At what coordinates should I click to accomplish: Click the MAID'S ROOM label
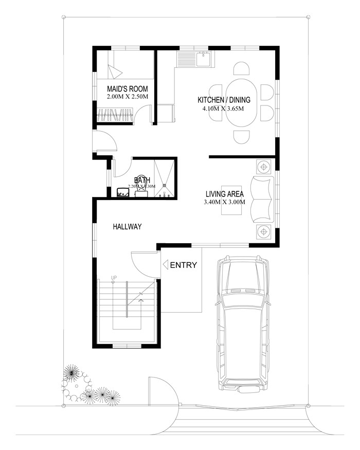pyautogui.click(x=127, y=88)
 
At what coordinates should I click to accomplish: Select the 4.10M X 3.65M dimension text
pyautogui.click(x=223, y=109)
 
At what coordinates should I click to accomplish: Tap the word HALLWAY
pyautogui.click(x=127, y=226)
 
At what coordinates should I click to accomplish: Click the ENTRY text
pyautogui.click(x=184, y=265)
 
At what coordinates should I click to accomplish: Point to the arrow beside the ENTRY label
pyautogui.click(x=166, y=265)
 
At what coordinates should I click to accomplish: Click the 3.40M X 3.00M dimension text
pyautogui.click(x=224, y=202)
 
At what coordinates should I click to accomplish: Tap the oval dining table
pyautogui.click(x=241, y=101)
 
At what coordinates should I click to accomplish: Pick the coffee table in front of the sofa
pyautogui.click(x=229, y=199)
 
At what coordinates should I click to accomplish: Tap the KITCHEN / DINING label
pyautogui.click(x=223, y=100)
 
